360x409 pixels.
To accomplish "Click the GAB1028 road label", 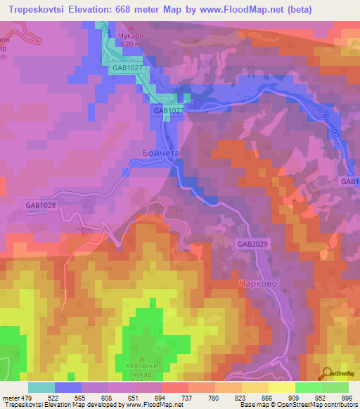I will pos(40,205).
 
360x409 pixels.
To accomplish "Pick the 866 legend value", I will pos(266,398).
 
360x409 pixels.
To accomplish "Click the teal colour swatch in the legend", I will pos(41,387).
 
